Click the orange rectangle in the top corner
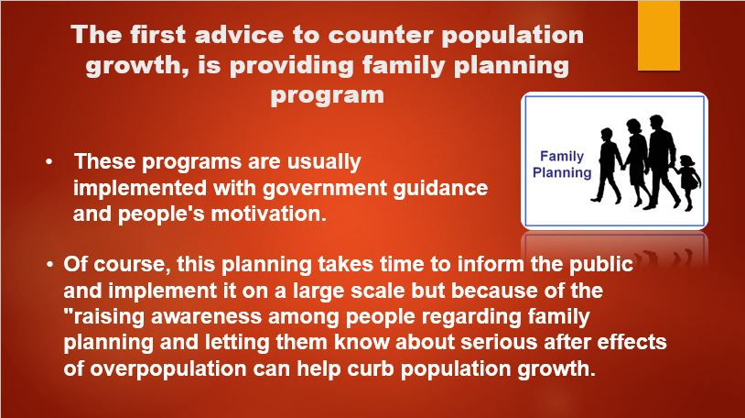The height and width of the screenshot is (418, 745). [659, 35]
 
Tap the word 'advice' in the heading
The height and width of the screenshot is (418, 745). [240, 35]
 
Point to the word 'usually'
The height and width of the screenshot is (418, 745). [324, 162]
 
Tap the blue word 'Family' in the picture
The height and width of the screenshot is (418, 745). [562, 156]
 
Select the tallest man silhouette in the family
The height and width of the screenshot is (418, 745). [661, 160]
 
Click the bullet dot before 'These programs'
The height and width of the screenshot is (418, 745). [49, 162]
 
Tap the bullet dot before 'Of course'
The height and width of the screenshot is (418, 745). [50, 264]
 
